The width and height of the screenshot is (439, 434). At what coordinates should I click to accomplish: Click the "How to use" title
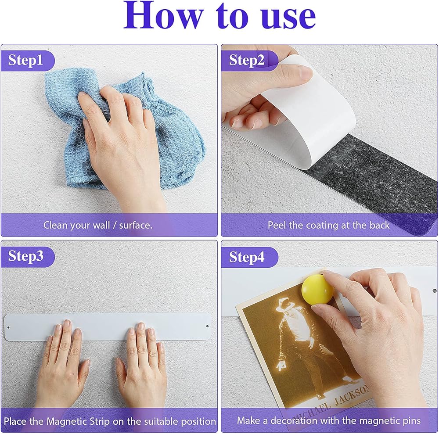[x=220, y=15]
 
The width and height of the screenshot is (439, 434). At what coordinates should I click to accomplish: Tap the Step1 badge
[x=27, y=61]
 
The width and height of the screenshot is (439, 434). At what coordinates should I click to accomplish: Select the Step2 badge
[x=248, y=61]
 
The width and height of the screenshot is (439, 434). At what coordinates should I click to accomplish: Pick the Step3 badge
[x=27, y=257]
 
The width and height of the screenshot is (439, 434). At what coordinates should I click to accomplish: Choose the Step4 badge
[x=248, y=257]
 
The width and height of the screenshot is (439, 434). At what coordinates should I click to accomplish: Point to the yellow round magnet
[x=317, y=289]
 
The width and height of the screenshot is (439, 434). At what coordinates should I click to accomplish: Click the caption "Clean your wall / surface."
[x=98, y=225]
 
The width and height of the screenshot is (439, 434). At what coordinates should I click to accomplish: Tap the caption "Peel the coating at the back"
[x=328, y=225]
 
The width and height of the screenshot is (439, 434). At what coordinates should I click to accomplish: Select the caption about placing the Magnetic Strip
[x=110, y=421]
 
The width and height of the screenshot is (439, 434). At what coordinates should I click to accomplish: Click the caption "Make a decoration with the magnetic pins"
[x=329, y=420]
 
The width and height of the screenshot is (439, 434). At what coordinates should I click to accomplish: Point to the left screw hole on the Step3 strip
[x=8, y=327]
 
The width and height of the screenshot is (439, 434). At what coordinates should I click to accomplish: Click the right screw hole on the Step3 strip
[x=208, y=326]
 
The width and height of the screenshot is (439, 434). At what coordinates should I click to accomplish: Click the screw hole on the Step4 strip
[x=435, y=291]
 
